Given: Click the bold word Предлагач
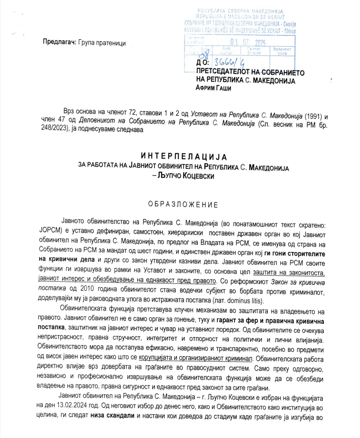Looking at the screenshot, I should (59, 42).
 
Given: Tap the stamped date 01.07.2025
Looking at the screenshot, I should (248, 42).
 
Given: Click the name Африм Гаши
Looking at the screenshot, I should (213, 88).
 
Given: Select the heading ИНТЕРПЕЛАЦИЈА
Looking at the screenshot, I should (184, 157).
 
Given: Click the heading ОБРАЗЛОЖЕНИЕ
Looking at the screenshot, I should (183, 205).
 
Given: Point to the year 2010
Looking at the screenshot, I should (87, 289).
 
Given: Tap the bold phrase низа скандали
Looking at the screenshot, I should (112, 416).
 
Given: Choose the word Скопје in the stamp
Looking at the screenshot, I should (289, 24).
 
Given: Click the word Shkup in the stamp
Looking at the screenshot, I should (290, 31).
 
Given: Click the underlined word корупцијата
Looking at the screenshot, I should (155, 359).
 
